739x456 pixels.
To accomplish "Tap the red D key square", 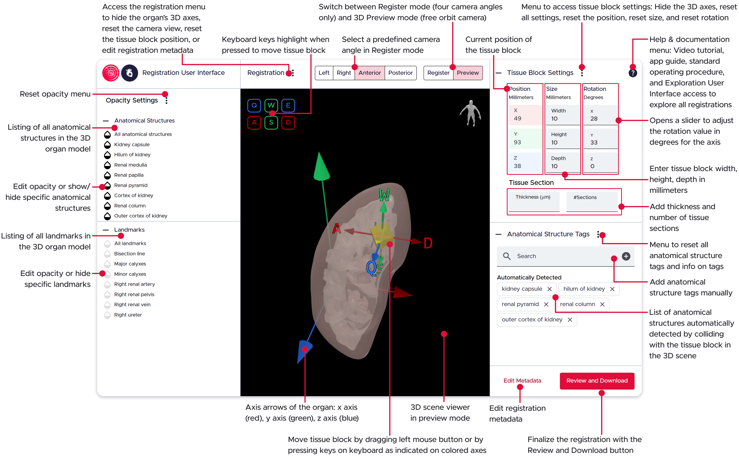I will (x=288, y=122).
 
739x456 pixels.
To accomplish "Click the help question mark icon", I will (x=632, y=73).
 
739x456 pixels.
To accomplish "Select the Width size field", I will (x=562, y=115).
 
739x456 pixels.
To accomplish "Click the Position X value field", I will (x=525, y=115).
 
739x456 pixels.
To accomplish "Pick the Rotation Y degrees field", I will (x=600, y=139).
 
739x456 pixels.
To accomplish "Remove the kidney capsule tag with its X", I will (x=549, y=289).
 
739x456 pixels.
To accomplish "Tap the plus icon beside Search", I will (x=626, y=256).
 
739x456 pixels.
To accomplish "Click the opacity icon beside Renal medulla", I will (x=107, y=165).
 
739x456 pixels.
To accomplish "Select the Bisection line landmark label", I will (x=130, y=254).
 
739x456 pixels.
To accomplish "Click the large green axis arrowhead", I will (x=321, y=167).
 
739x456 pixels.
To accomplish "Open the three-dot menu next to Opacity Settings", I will (x=166, y=100).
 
